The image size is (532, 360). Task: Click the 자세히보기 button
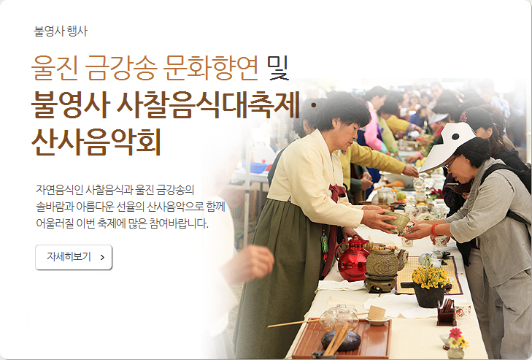coord(74,257)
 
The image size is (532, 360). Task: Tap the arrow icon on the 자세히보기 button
coord(102,258)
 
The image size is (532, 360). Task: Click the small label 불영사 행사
coord(61,31)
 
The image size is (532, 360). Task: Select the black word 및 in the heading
coord(278,68)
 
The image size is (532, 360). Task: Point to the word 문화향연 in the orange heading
coord(211,68)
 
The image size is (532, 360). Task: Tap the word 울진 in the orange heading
coord(55,68)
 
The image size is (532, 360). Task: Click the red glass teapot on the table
coord(352,258)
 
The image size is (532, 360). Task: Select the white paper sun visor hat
coord(448,146)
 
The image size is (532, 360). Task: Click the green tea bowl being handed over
coord(396,221)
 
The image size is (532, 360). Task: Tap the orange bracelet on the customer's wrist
coord(434,230)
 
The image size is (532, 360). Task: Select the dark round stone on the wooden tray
coord(342,340)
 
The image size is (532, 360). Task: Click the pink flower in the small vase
coord(455,333)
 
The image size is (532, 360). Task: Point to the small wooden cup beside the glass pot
coord(377,313)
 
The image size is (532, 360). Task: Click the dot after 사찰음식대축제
coord(314,106)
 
